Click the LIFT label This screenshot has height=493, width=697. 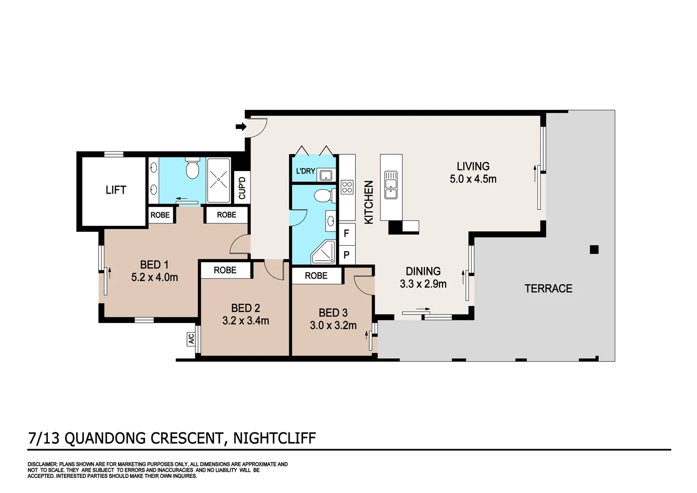pyautogui.click(x=116, y=190)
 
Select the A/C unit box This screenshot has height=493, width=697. pyautogui.click(x=191, y=339)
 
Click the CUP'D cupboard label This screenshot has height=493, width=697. pyautogui.click(x=242, y=188)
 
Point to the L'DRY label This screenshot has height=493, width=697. pyautogui.click(x=306, y=171)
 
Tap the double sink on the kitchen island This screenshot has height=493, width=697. pyautogui.click(x=391, y=185)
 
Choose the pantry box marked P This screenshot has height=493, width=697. pyautogui.click(x=347, y=255)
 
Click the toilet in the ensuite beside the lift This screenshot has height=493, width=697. pyautogui.click(x=192, y=168)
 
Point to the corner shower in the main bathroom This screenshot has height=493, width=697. pyautogui.click(x=323, y=252)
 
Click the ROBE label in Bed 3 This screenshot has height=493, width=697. pyautogui.click(x=316, y=276)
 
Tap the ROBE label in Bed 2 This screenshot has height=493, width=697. pyautogui.click(x=225, y=270)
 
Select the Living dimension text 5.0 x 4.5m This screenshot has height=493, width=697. pyautogui.click(x=473, y=179)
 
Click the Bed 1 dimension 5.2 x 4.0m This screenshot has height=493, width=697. pyautogui.click(x=155, y=277)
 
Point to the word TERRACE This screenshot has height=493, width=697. pyautogui.click(x=549, y=288)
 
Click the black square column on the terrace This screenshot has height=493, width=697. pyautogui.click(x=594, y=249)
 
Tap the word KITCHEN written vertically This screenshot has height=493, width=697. pyautogui.click(x=369, y=202)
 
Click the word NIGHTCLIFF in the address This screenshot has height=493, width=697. pyautogui.click(x=275, y=438)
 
